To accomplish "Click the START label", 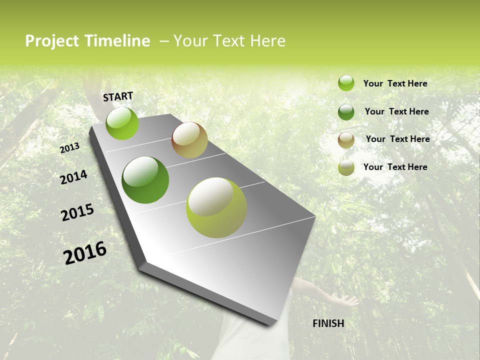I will pos(118,96).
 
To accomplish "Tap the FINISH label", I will pos(328,323).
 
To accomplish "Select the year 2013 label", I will pos(70,147).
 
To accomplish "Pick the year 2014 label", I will pos(74,177).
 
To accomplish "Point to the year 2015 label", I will pos(77,212).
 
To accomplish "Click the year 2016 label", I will pos(85,252).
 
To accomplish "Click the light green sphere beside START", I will pos(122,123).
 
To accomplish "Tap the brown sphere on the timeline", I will pos(189,140).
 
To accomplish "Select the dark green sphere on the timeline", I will pos(145,180).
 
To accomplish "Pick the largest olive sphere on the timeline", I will pos(216,207).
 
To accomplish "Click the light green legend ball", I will pos(346,83).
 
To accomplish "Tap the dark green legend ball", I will pos(346,112).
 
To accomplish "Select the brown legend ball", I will pos(346,140).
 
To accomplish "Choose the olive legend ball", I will pos(346,167).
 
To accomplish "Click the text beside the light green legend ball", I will pos(395,83).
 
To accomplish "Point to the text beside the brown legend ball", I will pos(397,139).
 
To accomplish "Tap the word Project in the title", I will pos(52,41).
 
